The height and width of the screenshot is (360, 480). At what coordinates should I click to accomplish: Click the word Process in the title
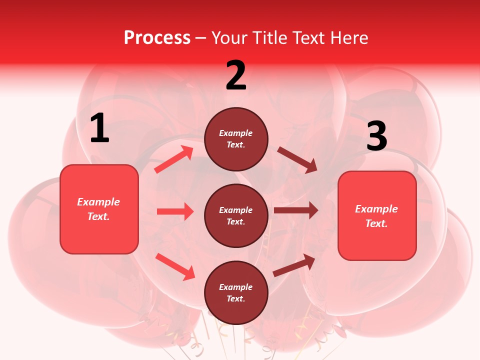coord(157,38)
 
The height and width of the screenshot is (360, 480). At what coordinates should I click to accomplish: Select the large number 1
coord(99,128)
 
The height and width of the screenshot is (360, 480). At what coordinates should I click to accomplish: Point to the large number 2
coord(236,75)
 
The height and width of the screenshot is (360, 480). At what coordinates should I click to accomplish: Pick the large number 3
coord(376,136)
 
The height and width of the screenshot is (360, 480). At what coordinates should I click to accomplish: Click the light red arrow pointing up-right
coord(174,159)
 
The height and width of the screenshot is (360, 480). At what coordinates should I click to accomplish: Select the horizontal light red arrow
coord(175,211)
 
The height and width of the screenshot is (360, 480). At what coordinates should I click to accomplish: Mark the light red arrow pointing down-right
coord(175,266)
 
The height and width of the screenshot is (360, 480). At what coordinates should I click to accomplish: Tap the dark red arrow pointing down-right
coord(297,160)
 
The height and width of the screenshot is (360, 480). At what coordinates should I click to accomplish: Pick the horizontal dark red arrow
coord(296,210)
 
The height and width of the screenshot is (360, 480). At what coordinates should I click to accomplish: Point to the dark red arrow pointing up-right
coord(294,265)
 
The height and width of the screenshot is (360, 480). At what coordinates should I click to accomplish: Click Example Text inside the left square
coord(98,209)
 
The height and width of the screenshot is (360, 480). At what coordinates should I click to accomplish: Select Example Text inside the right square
coord(376,216)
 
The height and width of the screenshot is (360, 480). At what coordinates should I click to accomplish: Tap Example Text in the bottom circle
coord(236,292)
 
